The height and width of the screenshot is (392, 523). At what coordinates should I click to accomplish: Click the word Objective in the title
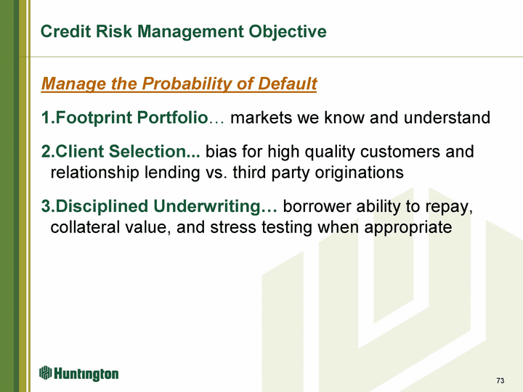pos(287,32)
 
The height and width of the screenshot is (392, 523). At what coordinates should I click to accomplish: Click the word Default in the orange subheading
pos(287,83)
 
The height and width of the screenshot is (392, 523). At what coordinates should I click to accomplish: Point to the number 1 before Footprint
pos(45,118)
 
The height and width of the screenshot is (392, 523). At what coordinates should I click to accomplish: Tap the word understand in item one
pos(447,118)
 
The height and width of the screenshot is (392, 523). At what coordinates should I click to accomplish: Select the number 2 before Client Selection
pos(45,151)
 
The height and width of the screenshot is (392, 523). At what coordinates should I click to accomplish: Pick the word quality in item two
pos(331,152)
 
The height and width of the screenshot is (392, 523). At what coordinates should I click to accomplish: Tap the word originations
pos(360,173)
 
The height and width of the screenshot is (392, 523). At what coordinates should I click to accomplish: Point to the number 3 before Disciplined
pos(45,206)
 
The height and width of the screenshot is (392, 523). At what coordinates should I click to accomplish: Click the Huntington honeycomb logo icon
pos(45,372)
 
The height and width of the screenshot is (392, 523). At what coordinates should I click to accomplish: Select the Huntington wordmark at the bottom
pos(86,374)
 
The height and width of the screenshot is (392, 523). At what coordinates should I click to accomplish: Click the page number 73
pos(500,380)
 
